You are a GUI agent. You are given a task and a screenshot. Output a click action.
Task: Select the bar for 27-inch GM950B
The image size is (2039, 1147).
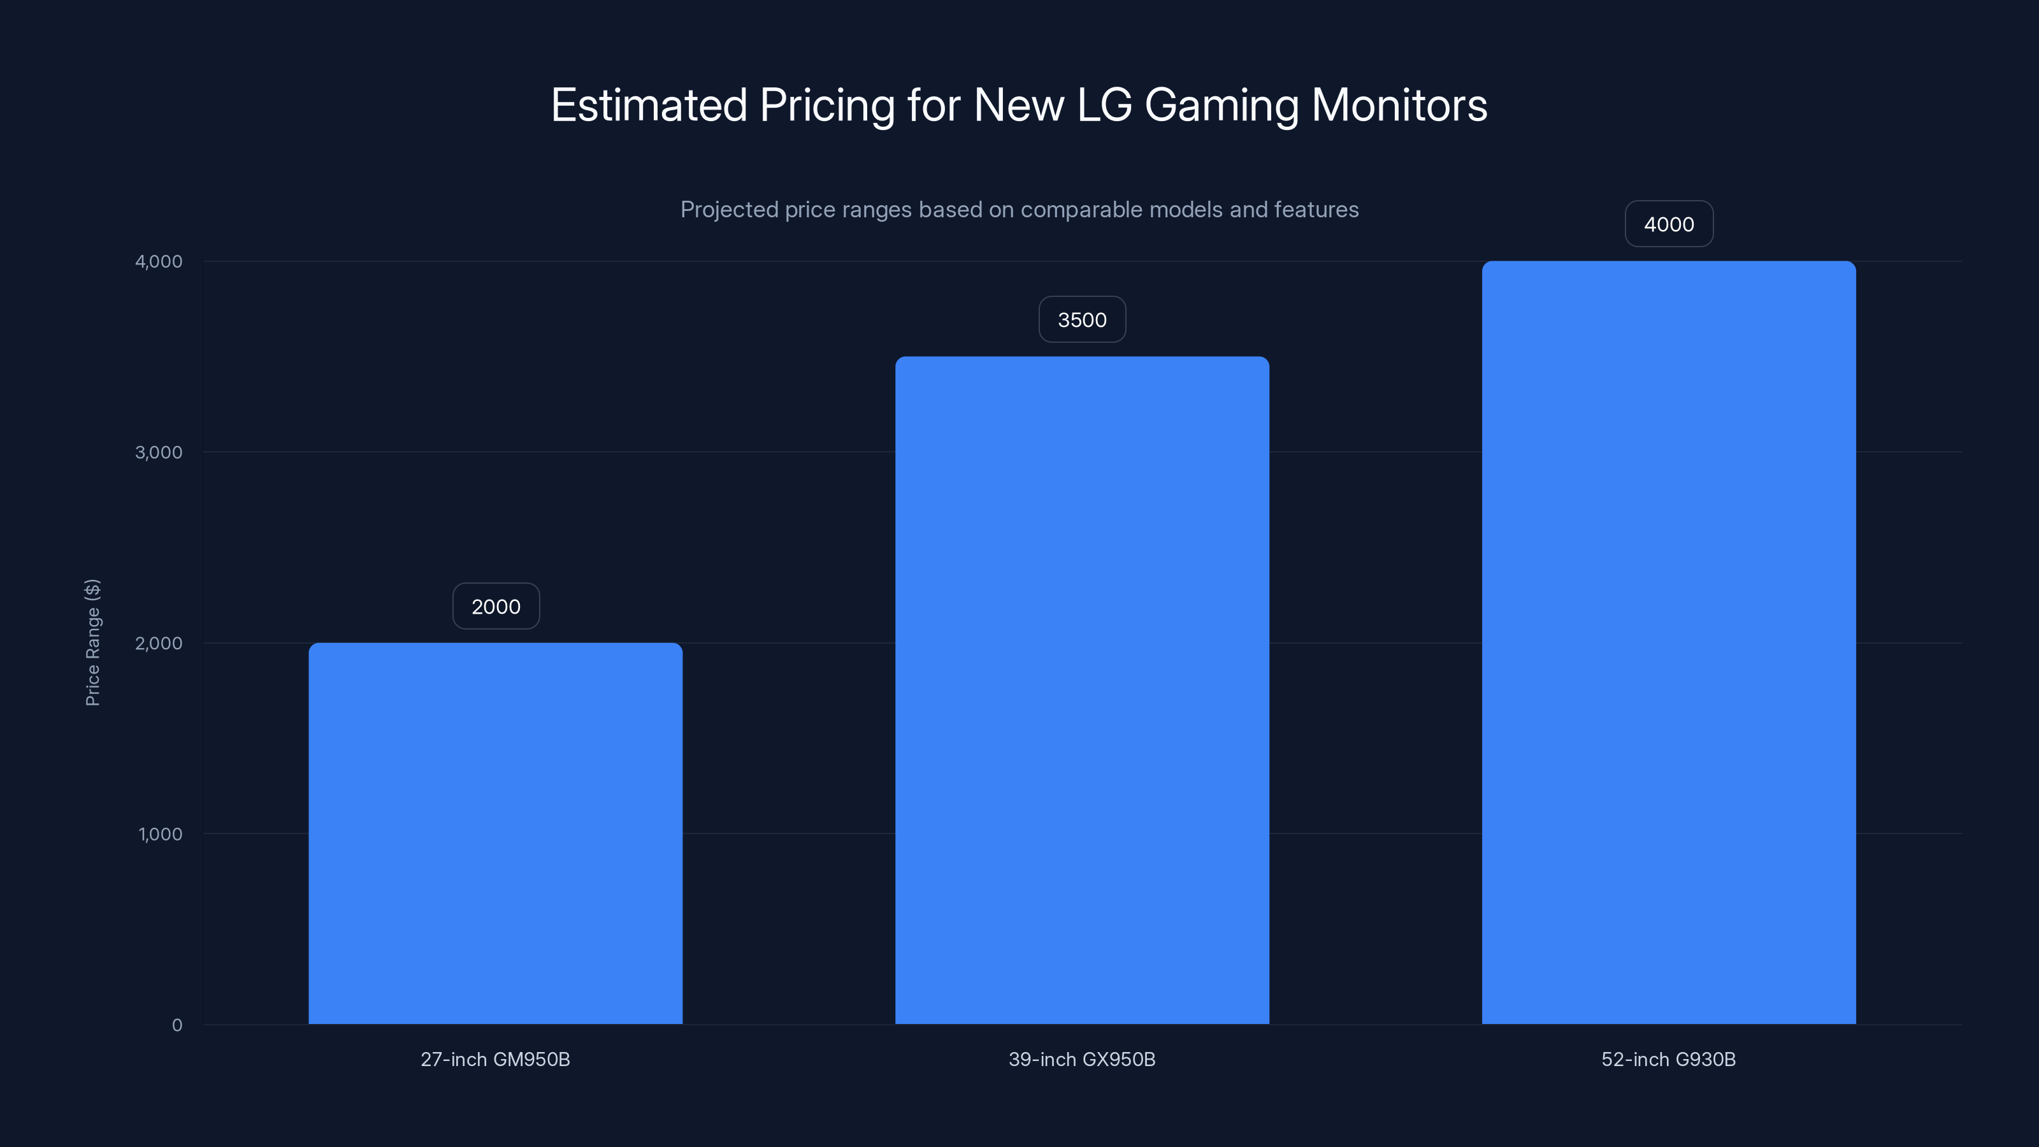[x=496, y=833]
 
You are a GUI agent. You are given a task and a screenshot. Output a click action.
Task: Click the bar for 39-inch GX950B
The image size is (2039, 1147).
[x=1082, y=689]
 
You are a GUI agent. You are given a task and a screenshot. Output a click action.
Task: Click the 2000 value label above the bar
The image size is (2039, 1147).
[x=496, y=607]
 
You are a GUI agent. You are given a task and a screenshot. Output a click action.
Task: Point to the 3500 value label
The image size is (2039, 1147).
[x=1082, y=320]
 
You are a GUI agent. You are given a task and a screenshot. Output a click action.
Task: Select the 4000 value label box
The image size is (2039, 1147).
[x=1669, y=225]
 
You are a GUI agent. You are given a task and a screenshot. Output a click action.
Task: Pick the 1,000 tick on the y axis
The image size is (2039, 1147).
[x=160, y=834]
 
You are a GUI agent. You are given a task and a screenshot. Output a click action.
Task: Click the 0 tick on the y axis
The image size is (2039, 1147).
[x=177, y=1025]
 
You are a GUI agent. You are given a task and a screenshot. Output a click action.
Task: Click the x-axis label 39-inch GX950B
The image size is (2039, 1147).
[x=1081, y=1060]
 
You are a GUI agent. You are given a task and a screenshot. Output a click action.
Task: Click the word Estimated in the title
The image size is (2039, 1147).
[x=649, y=106]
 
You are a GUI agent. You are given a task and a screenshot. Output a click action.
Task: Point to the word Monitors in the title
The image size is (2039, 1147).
[x=1399, y=106]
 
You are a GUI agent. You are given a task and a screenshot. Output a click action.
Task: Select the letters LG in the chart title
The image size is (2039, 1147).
[x=1105, y=106]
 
